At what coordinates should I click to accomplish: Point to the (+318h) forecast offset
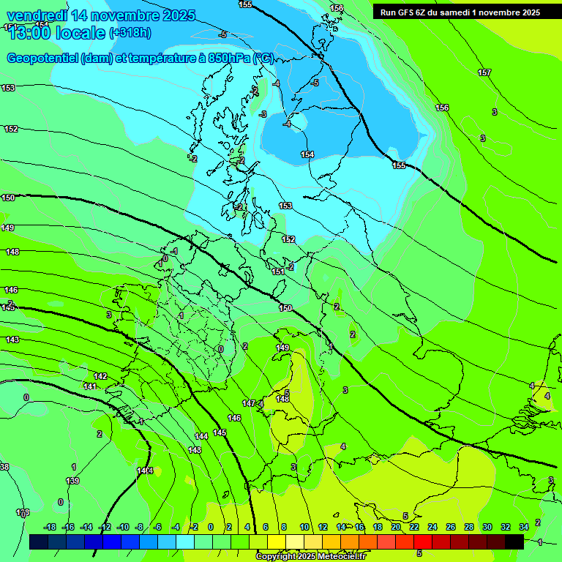point(130,33)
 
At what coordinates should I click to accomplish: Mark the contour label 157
point(484,72)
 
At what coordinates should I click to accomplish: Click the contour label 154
point(307,154)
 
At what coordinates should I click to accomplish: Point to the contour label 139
point(72,481)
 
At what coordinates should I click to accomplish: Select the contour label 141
point(90,386)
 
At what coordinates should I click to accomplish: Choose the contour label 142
point(100,376)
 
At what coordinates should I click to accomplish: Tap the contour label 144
point(201,436)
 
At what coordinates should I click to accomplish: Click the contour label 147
point(249,404)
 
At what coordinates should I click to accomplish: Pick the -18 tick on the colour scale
point(50,527)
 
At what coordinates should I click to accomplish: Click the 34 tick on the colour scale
point(524,527)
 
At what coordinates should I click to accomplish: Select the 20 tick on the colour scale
point(395,527)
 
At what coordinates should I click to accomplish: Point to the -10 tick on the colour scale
point(123,527)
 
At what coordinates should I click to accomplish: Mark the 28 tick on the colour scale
point(469,527)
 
